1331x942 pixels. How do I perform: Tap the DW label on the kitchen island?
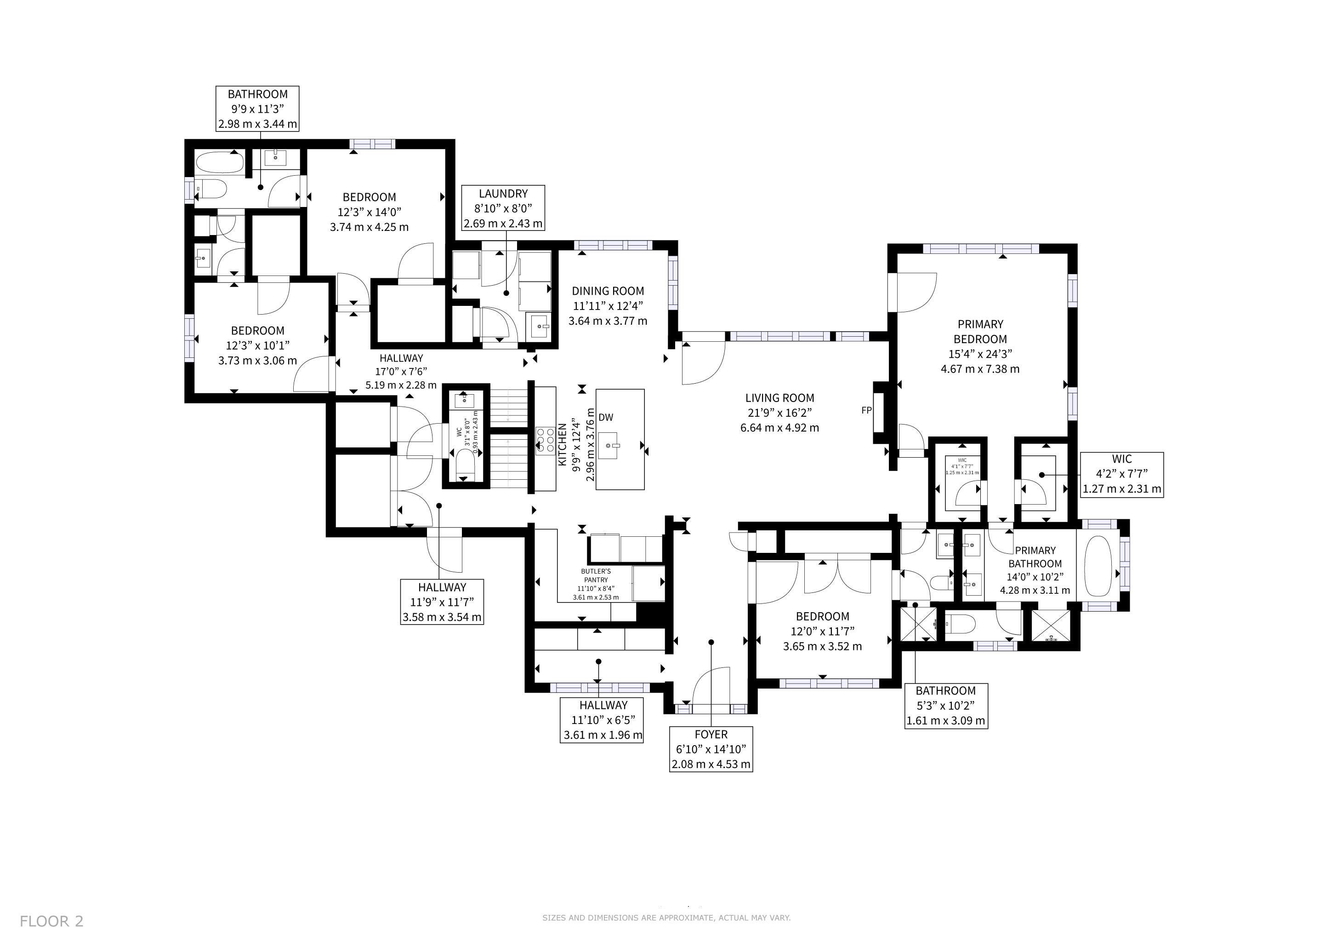pos(606,417)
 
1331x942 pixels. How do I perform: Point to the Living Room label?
pos(779,413)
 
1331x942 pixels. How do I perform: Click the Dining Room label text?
pos(608,306)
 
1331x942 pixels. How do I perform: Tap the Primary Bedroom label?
pos(980,346)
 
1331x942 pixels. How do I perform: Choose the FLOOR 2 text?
pos(51,920)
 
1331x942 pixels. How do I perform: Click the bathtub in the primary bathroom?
pos(1098,566)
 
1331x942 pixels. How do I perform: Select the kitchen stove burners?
pos(545,440)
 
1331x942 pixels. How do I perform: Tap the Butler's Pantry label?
pos(596,584)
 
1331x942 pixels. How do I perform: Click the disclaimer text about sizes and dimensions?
pos(666,918)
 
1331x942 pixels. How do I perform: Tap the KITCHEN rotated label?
pos(562,444)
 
